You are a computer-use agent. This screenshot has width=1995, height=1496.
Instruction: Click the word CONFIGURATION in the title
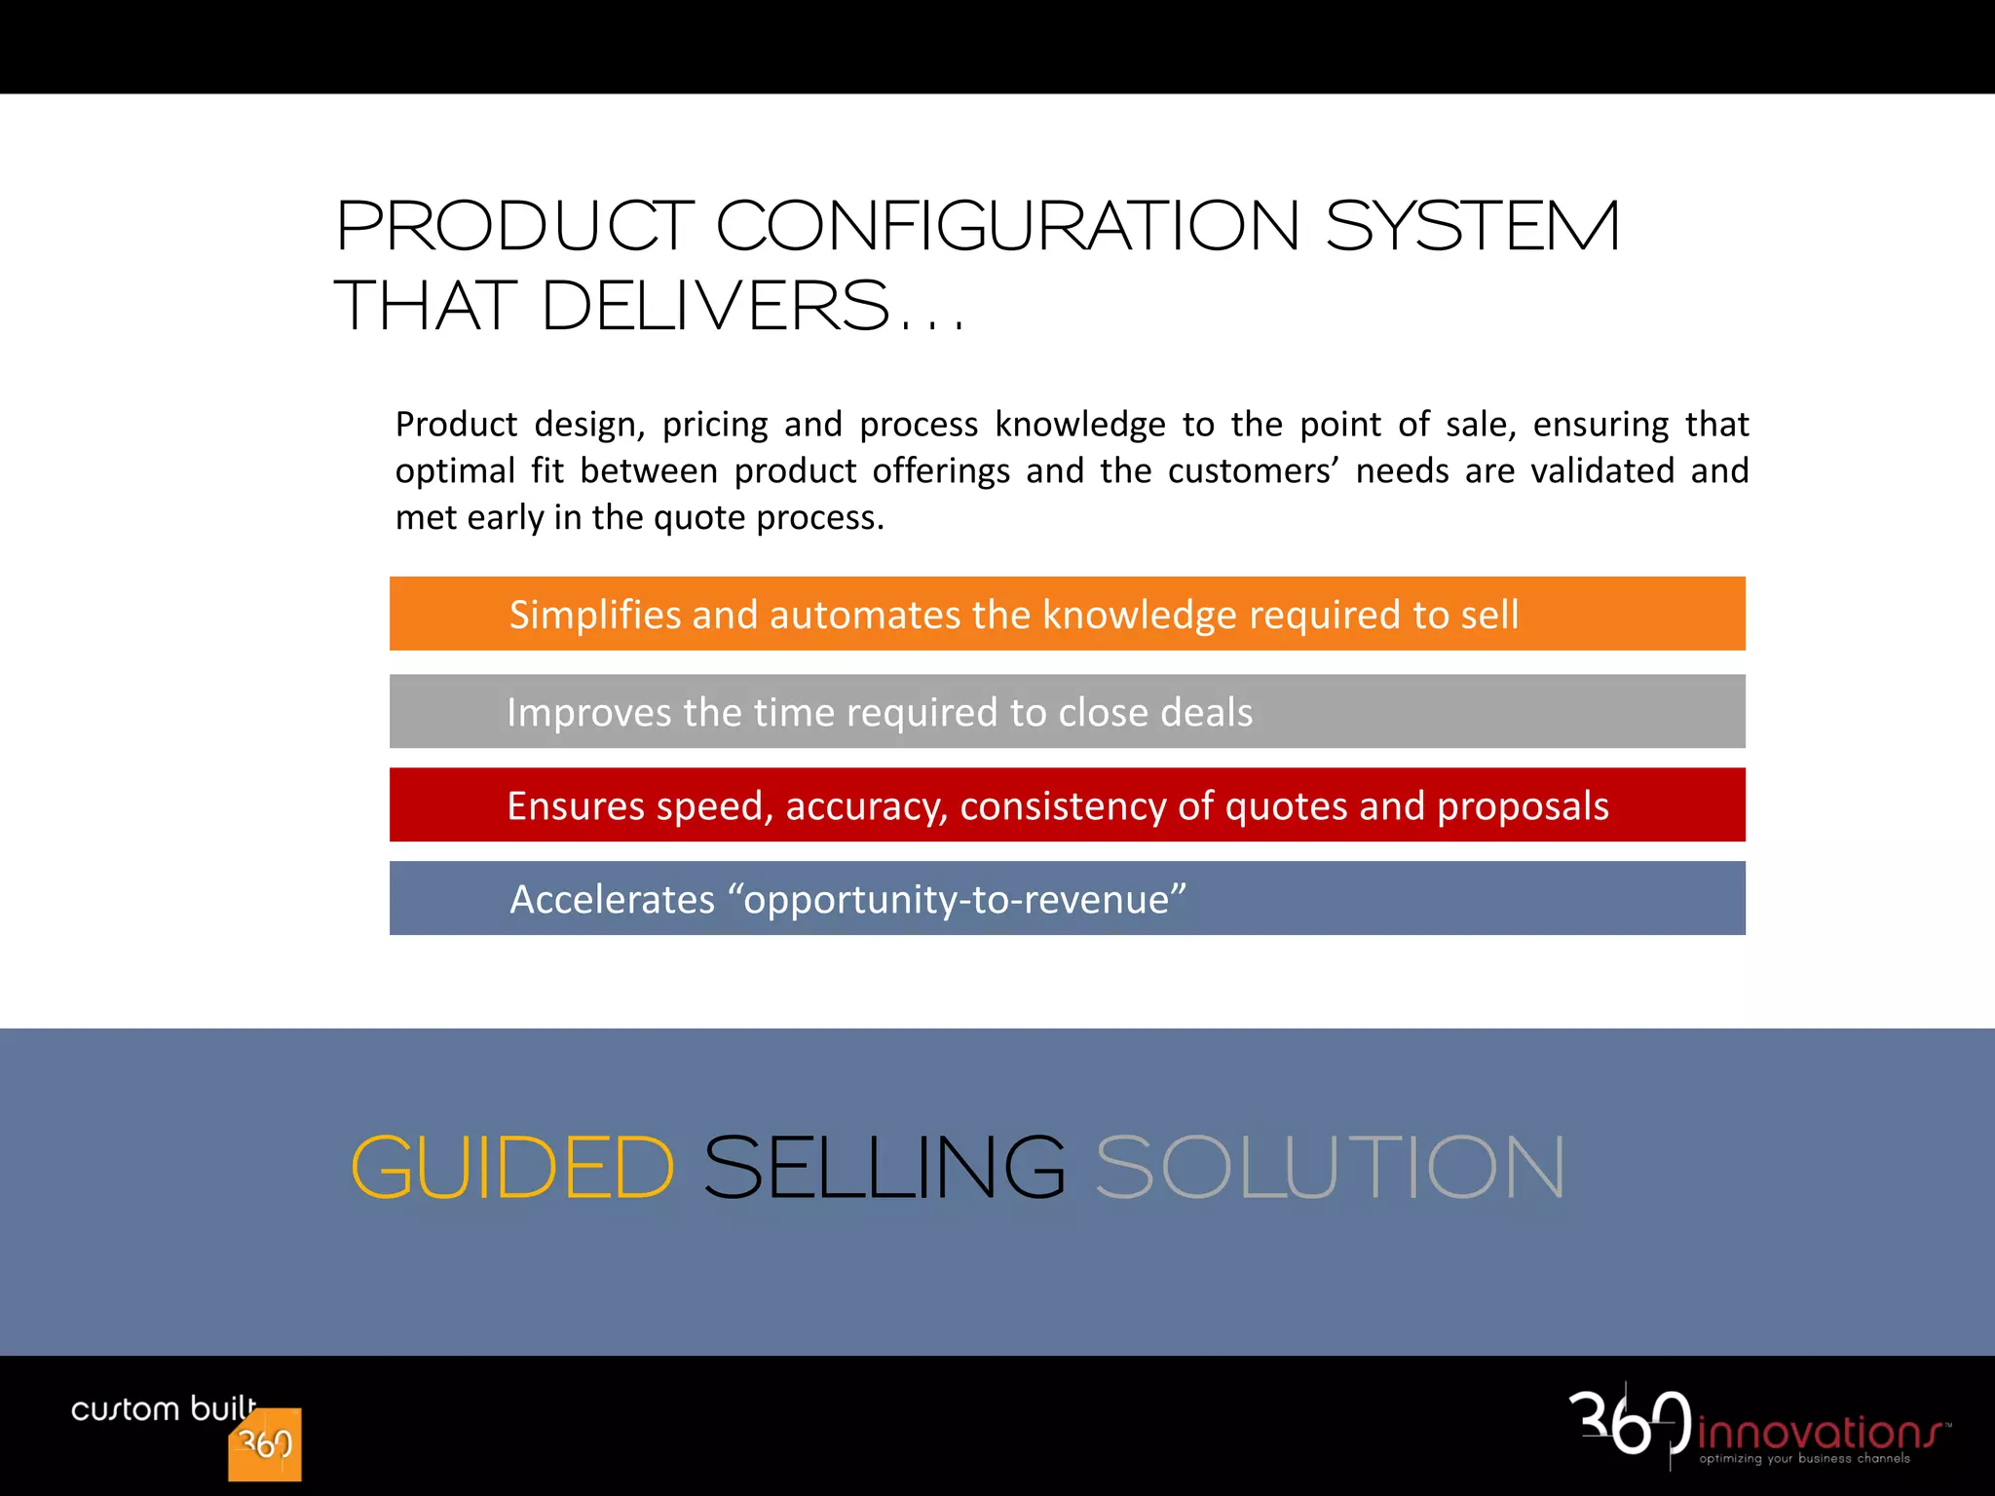click(x=1008, y=226)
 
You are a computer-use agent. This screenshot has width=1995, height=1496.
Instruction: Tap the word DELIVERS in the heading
click(x=715, y=306)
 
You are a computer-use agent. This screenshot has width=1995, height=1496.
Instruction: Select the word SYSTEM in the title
click(x=1472, y=226)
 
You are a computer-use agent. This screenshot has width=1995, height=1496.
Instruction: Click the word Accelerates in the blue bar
click(x=612, y=900)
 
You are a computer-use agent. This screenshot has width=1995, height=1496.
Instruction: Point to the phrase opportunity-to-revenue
click(x=964, y=900)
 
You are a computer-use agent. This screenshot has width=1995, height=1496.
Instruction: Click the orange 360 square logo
click(x=265, y=1444)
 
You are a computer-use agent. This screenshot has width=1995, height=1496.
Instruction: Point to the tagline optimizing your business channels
click(x=1804, y=1459)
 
